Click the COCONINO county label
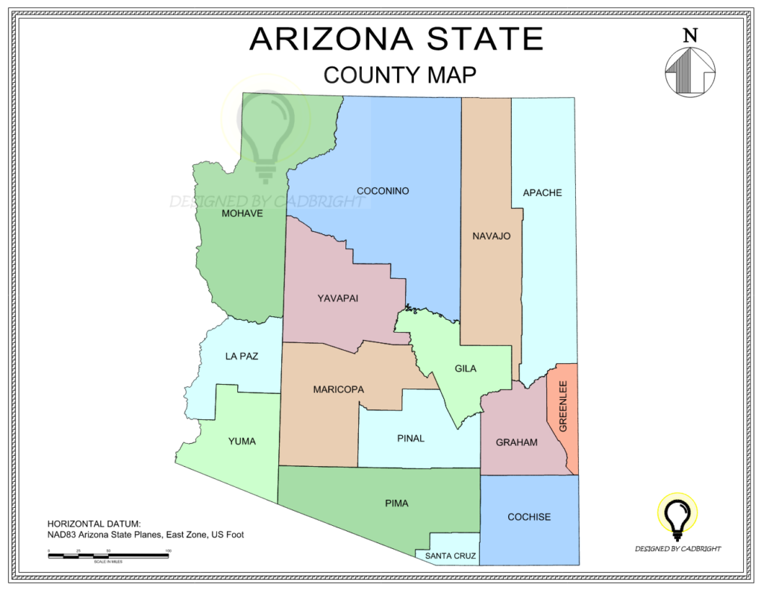[x=383, y=191]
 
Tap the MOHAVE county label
[x=242, y=213]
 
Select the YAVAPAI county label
[x=338, y=298]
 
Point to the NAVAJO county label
[x=491, y=236]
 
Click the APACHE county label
[x=542, y=193]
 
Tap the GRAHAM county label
[x=516, y=442]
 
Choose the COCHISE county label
[x=529, y=517]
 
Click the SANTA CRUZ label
[x=451, y=556]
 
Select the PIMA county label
[x=397, y=503]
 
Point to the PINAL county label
[x=410, y=439]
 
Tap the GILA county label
[x=466, y=368]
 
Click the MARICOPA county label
[x=339, y=389]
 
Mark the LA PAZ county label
[x=242, y=357]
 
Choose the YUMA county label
[x=242, y=442]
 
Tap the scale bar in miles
[x=108, y=556]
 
